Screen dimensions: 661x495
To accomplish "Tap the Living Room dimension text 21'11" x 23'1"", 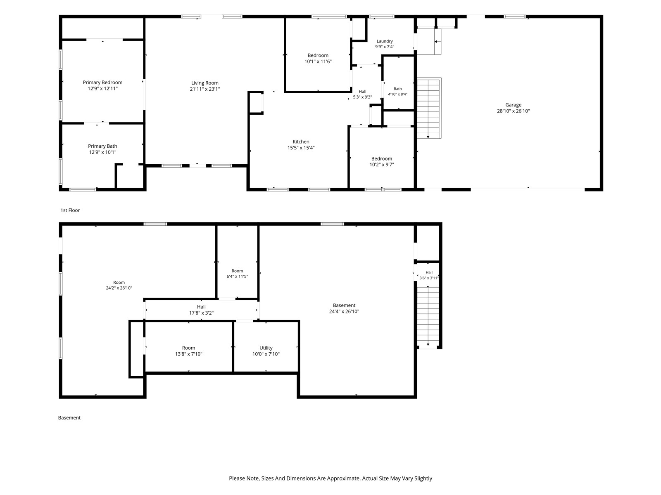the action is point(205,89).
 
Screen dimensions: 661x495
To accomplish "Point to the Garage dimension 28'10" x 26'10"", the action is point(513,111).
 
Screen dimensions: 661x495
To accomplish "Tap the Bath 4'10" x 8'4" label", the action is point(397,91).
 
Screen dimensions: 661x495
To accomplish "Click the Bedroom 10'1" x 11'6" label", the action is point(318,58).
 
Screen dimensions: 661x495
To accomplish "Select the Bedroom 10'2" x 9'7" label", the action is point(382,161).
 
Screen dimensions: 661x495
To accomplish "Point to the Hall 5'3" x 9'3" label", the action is point(362,94).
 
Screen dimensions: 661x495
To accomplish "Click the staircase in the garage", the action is point(429,108).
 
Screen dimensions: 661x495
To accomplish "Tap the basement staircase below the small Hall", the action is point(428,317).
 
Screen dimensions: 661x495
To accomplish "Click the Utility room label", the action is point(266,351).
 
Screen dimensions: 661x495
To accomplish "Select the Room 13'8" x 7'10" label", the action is point(188,351).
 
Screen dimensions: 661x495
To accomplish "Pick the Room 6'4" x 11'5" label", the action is point(237,273).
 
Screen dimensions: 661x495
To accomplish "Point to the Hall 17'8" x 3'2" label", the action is point(201,310).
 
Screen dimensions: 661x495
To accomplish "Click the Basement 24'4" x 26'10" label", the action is point(344,309).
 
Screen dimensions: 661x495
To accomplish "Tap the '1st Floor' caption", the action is point(70,210).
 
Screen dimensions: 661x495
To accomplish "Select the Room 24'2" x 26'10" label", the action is point(119,285).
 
